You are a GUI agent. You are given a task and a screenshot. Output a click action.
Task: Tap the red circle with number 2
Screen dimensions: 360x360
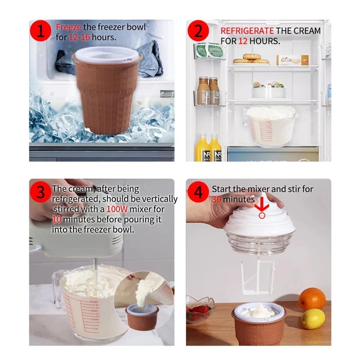(199, 32)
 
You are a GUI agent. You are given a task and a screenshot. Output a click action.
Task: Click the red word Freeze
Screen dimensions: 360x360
(69, 27)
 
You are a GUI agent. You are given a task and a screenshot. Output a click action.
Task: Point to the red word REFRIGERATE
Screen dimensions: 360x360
(247, 31)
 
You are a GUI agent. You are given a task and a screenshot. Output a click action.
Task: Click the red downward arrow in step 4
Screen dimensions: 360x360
(262, 204)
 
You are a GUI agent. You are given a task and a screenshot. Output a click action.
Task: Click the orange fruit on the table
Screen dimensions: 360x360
(312, 299)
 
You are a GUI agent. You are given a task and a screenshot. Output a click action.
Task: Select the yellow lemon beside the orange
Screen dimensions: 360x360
(313, 319)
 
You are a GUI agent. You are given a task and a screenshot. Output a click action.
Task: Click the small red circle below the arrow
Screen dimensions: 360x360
(262, 215)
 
